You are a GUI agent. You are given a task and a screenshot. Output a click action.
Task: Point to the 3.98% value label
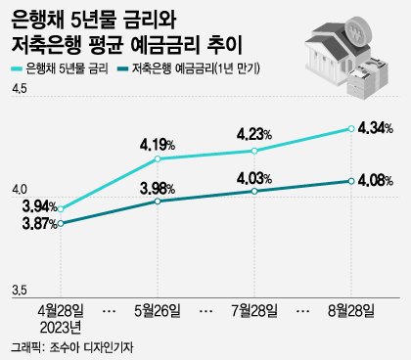pos(158,188)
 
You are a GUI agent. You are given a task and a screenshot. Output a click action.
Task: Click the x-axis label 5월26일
pos(158,309)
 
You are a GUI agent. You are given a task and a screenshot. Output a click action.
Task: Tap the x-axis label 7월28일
pos(254,309)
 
